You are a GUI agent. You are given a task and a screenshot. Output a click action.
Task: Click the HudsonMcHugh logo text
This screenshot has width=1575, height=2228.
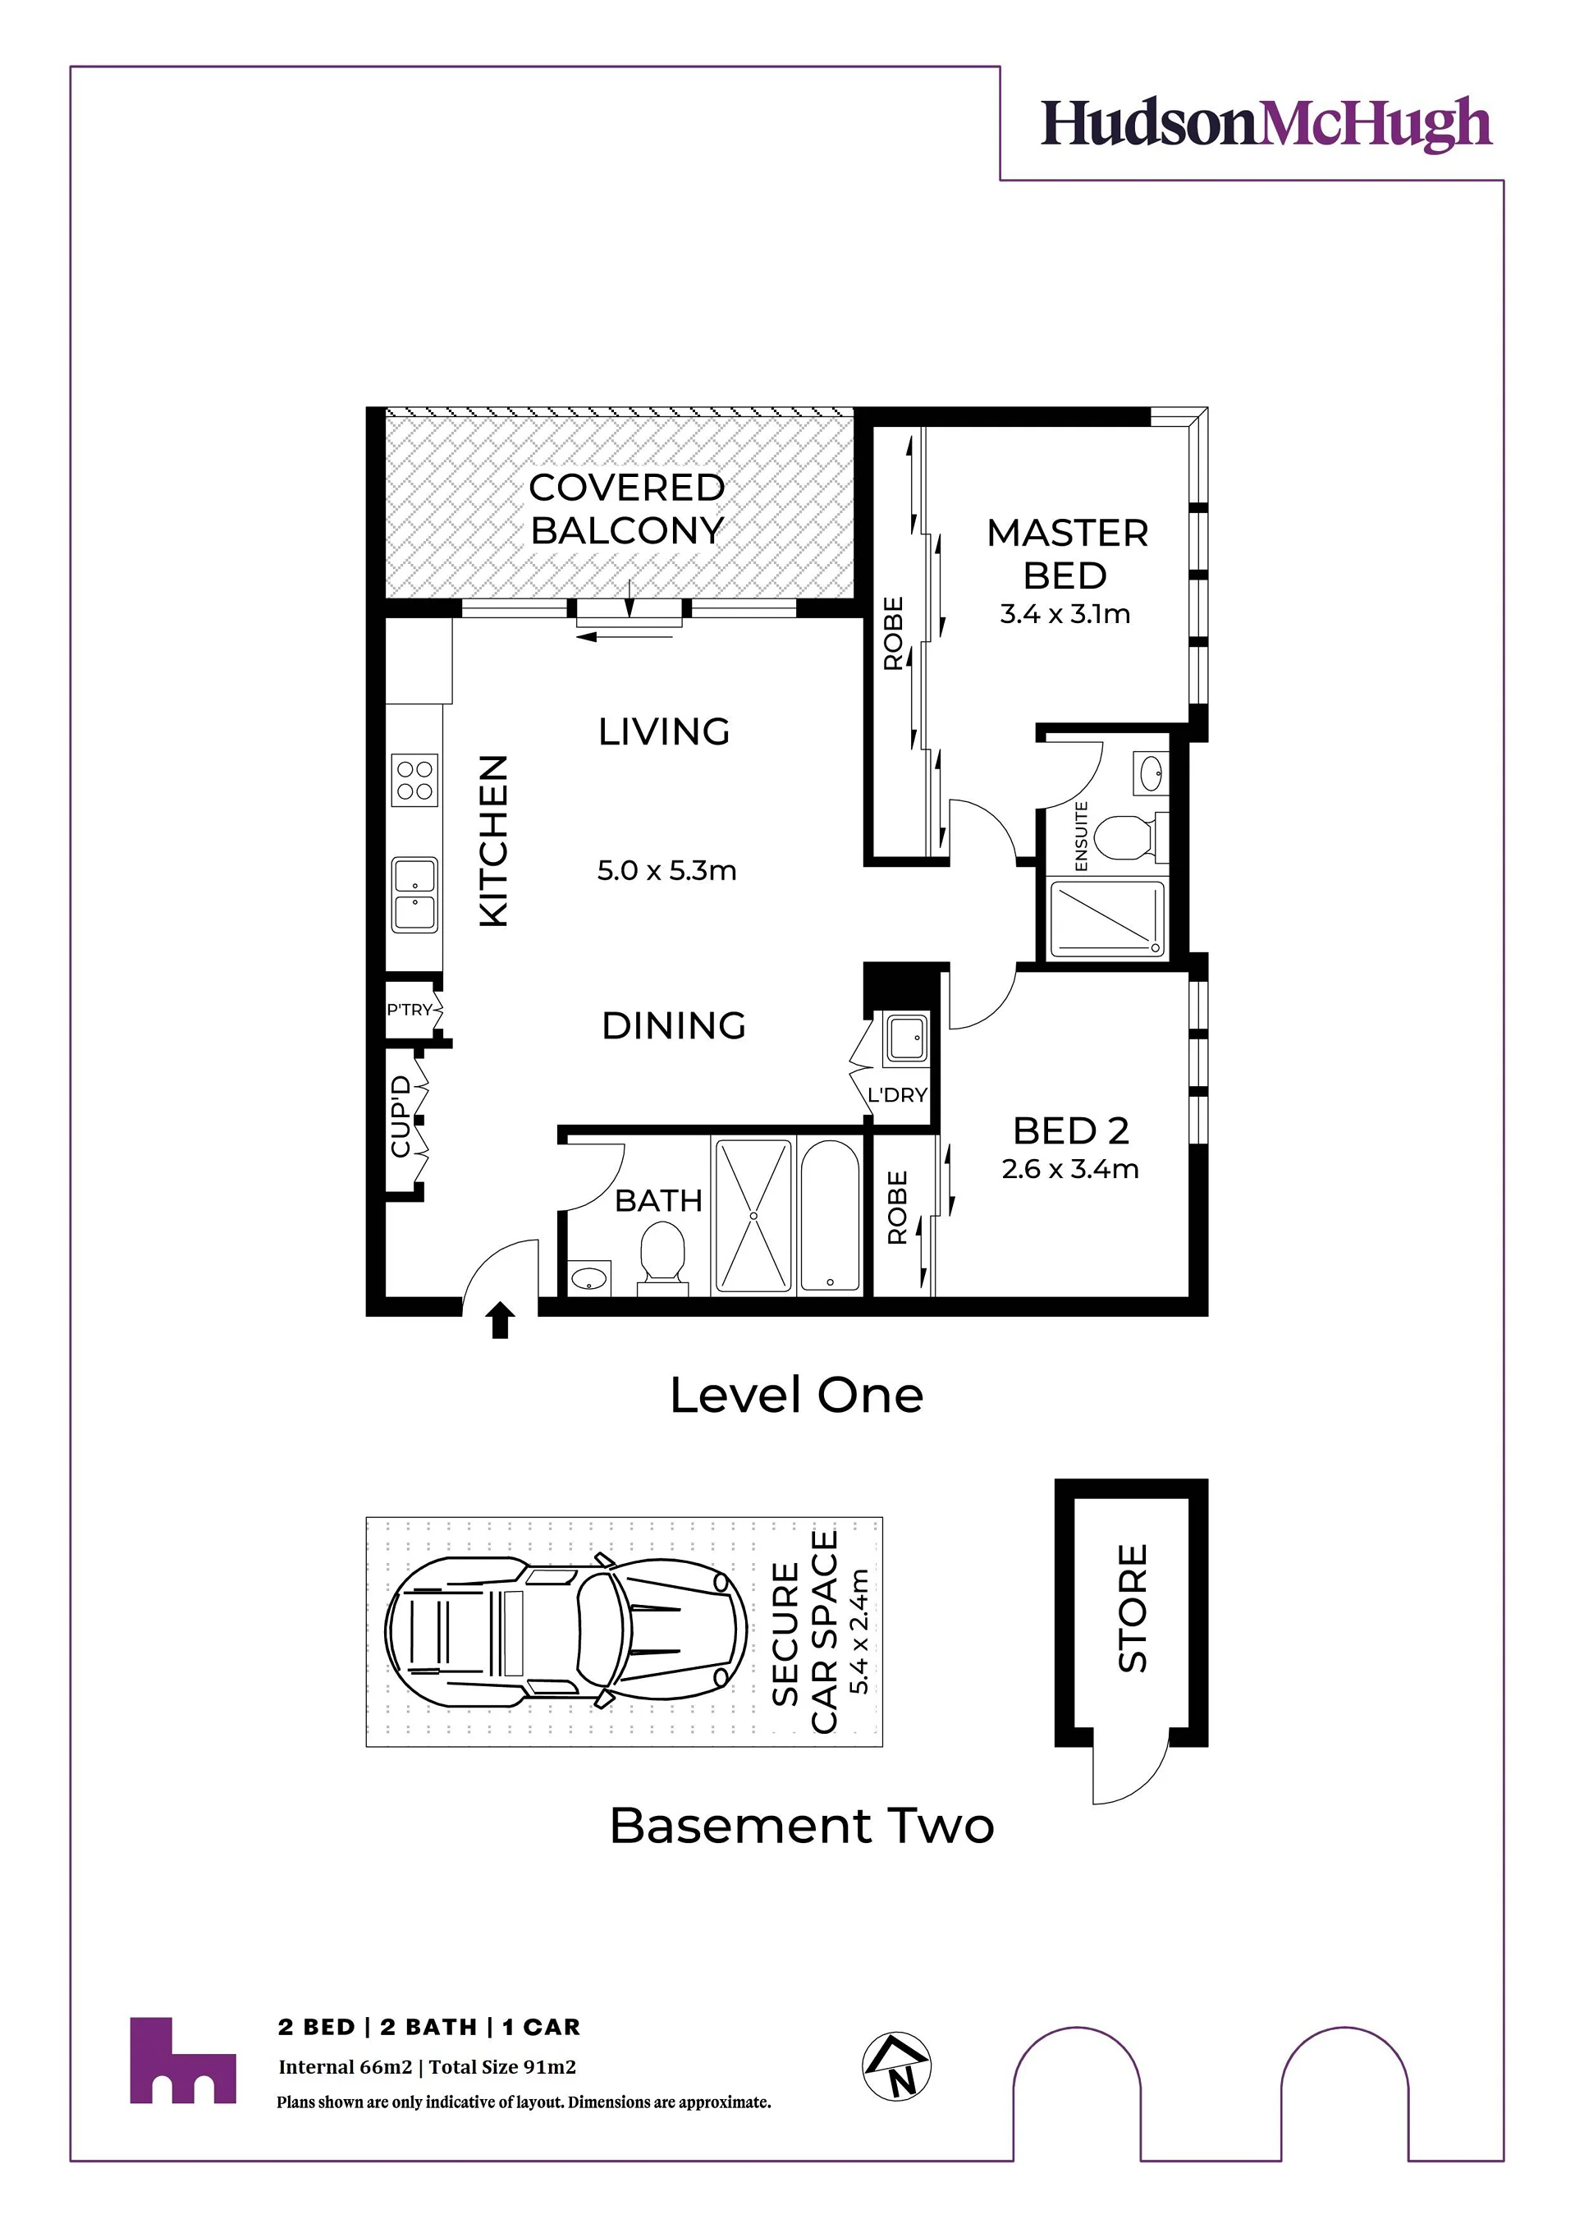(x=1266, y=124)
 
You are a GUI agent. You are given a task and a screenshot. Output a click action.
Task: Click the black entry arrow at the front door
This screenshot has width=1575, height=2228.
(x=500, y=1321)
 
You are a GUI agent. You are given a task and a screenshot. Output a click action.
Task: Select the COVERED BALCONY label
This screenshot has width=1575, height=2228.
(x=627, y=508)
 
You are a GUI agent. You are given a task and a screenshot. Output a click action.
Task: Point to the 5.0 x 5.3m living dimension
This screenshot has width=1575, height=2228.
(x=666, y=870)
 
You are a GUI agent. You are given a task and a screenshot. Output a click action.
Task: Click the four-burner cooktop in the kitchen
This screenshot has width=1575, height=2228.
(x=414, y=780)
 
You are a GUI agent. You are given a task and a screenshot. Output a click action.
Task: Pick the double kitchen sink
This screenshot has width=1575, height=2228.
(x=414, y=895)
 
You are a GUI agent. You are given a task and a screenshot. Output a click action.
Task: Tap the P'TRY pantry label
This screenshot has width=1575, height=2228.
(x=410, y=1011)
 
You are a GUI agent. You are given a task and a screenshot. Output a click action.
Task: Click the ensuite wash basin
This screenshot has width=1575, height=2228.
(x=1151, y=773)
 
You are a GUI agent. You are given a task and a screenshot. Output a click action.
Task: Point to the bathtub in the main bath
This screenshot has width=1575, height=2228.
(x=830, y=1216)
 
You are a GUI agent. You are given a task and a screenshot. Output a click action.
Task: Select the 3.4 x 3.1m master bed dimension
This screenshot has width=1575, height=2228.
(x=1065, y=614)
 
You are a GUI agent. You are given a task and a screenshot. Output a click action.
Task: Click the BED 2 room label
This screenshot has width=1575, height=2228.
(x=1070, y=1130)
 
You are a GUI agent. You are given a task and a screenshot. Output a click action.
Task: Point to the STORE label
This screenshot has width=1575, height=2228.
(x=1133, y=1608)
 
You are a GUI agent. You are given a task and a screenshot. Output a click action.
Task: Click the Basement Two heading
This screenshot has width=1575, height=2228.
(x=803, y=1827)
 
